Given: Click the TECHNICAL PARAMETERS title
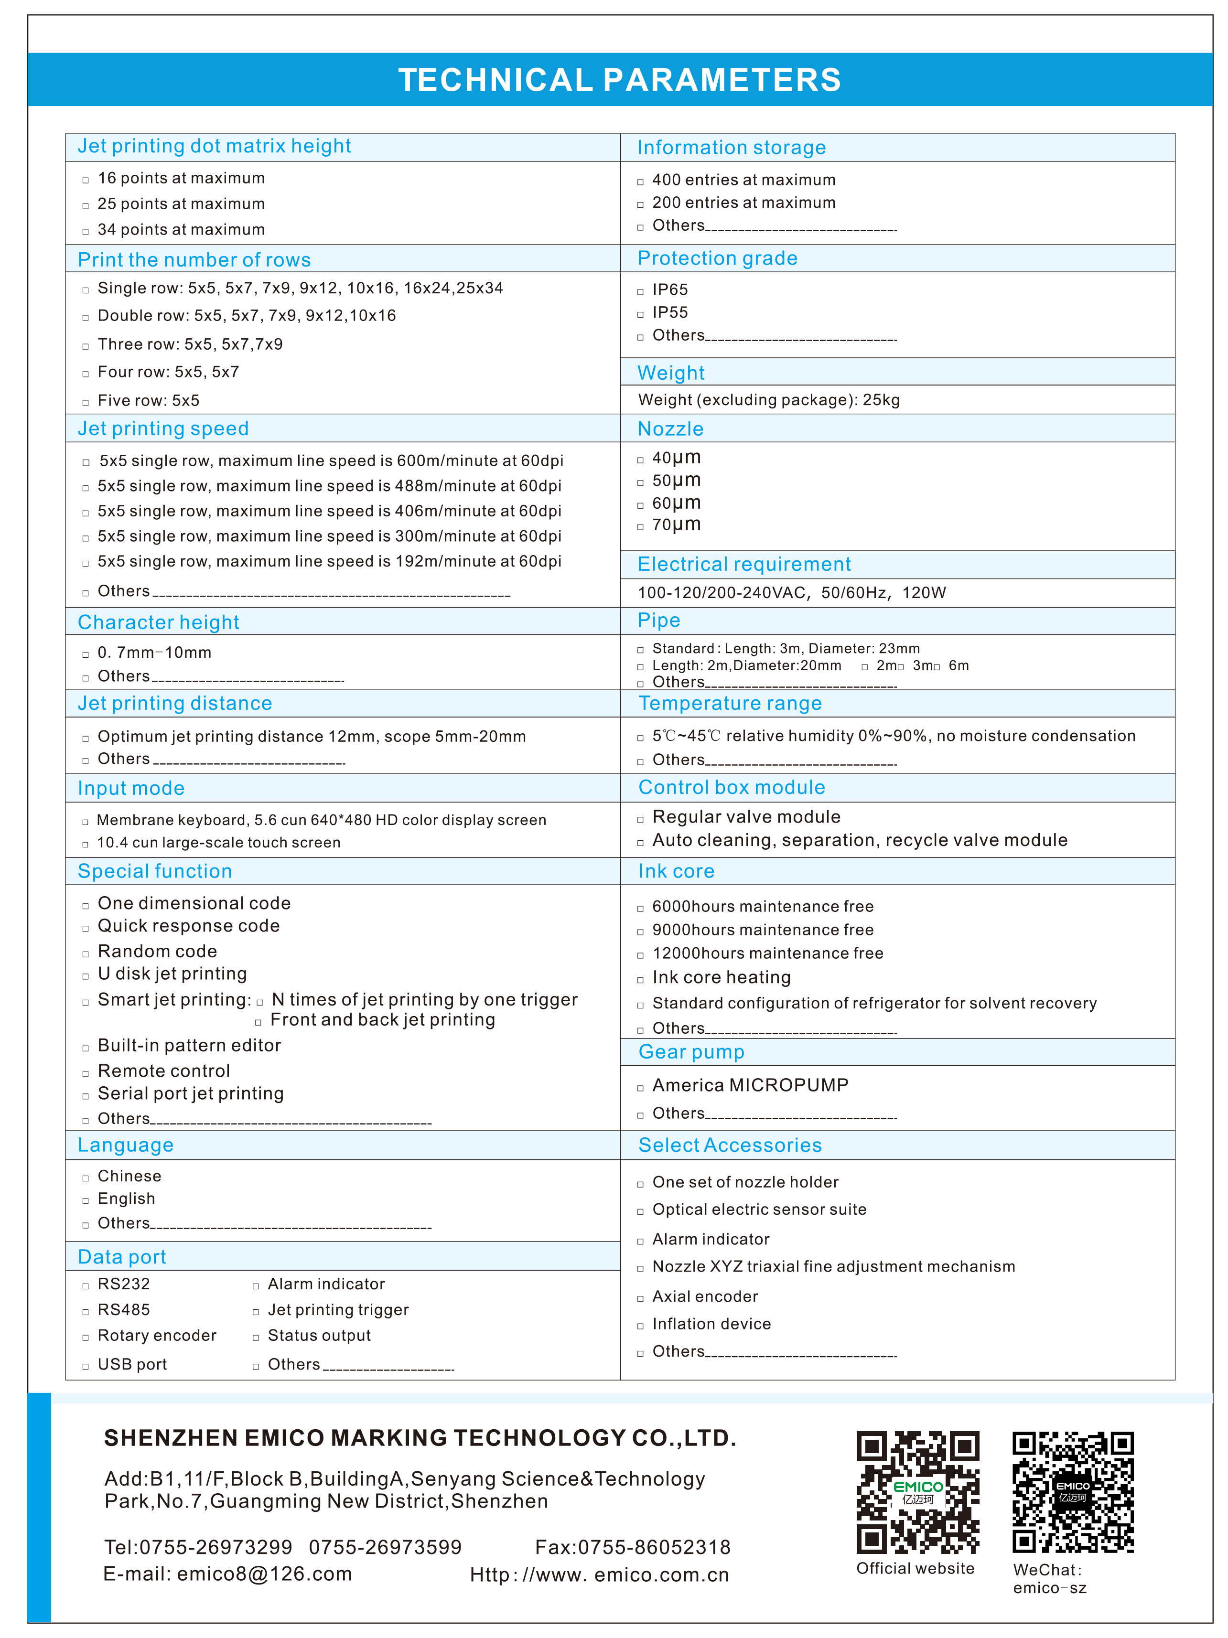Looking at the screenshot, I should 619,80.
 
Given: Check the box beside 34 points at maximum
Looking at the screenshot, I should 86,232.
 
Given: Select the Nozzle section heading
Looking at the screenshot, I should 670,429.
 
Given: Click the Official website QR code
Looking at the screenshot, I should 918,1491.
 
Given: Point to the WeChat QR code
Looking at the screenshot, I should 1072,1491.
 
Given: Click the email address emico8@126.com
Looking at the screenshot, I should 264,1574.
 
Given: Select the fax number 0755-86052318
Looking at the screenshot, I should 654,1547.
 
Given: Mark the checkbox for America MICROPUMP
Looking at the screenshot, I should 641,1088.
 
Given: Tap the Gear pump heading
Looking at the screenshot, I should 691,1051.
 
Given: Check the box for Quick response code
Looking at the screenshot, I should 86,928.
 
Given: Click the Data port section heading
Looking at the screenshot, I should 122,1257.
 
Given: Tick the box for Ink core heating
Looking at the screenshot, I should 641,980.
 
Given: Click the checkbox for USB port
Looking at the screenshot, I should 86,1366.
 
